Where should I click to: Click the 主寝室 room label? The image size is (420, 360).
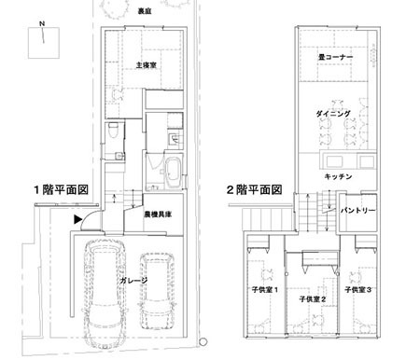pos(146,65)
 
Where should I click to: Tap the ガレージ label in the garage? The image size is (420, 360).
pos(133,281)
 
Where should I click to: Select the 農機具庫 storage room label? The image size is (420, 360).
pos(158,215)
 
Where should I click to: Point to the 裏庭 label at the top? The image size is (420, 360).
pos(145,11)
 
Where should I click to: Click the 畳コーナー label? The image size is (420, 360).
pos(335,57)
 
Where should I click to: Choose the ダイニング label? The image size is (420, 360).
pos(333,114)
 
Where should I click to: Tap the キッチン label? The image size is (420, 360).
pos(338,176)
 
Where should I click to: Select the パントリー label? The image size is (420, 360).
pos(357,211)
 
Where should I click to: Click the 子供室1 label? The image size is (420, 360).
pos(265,290)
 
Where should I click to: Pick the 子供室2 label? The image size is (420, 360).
pos(313,299)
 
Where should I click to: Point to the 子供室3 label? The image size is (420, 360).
pos(358,290)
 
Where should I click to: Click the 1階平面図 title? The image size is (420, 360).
pos(61,189)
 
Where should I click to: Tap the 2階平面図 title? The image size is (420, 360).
pos(254,189)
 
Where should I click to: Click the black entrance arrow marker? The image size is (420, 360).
pos(77,219)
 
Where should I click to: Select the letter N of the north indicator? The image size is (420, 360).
pos(42,23)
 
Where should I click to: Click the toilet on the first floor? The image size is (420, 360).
pos(113,131)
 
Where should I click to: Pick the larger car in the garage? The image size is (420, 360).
pos(105,294)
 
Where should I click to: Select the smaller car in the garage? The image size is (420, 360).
pos(157,291)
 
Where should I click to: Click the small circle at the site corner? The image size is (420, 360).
pos(203,341)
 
